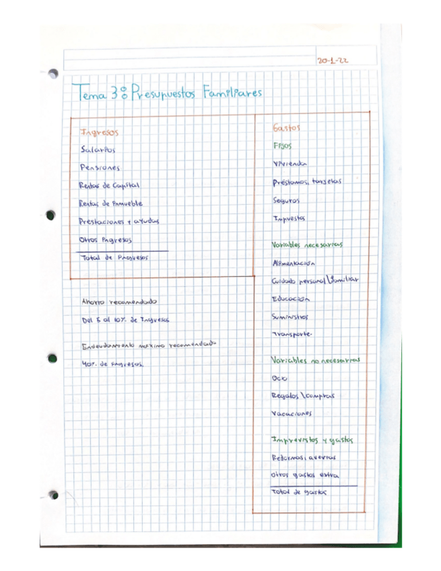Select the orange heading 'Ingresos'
pos(99,133)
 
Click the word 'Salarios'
pos(98,150)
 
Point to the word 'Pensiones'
pos(99,168)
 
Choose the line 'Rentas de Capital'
pos(108,185)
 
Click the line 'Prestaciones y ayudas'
pos(118,221)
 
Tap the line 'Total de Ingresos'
pos(113,257)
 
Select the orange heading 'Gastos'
pos(286,127)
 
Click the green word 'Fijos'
pos(283,145)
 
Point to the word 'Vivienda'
pos(290,164)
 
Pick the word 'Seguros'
pos(286,200)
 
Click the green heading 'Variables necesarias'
pos(307,244)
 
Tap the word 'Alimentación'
pos(293,263)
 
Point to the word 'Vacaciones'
pos(292,413)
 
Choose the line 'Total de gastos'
pos(298,492)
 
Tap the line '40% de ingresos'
pos(112,364)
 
